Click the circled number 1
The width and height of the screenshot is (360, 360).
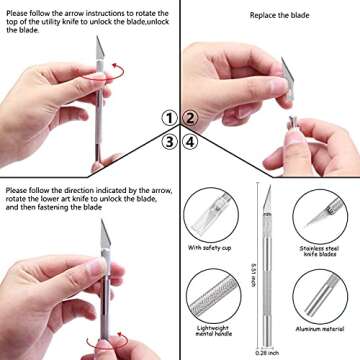tap(171, 119)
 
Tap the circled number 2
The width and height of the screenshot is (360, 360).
tap(188, 119)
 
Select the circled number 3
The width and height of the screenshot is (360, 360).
tap(171, 141)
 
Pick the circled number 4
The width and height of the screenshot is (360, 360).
tap(188, 141)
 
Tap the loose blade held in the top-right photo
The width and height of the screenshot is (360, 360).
tap(288, 74)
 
